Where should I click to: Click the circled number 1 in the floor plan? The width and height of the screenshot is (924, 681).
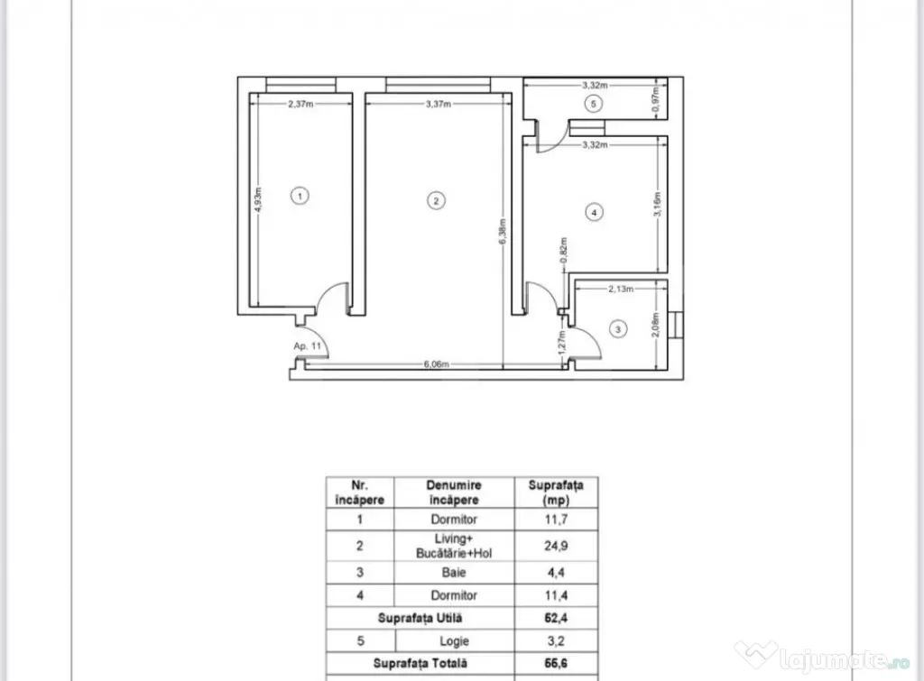(x=300, y=196)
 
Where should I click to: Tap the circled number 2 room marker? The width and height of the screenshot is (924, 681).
(x=436, y=201)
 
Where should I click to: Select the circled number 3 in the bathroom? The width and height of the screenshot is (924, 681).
(x=617, y=328)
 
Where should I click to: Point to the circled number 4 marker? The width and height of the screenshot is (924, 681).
(x=594, y=212)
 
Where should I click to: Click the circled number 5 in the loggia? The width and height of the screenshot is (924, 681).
(x=594, y=104)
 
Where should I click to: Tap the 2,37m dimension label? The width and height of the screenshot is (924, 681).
(x=300, y=104)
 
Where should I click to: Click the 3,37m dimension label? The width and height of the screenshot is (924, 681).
(x=439, y=104)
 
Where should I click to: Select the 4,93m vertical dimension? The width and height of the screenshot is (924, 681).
(x=258, y=199)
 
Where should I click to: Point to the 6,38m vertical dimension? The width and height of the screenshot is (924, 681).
(x=503, y=232)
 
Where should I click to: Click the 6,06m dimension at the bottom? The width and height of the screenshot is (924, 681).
(x=436, y=364)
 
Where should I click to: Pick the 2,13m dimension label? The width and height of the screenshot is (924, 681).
(x=621, y=289)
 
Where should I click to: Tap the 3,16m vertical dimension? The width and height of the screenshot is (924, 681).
(x=658, y=204)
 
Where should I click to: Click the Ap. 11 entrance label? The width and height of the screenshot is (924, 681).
(x=308, y=345)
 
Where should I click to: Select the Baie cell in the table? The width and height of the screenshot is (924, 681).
(x=454, y=572)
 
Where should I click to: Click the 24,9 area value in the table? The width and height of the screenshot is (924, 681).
(x=556, y=546)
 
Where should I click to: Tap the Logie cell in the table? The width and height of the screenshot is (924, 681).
(x=455, y=641)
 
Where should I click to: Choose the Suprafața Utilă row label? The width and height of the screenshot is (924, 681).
(x=420, y=618)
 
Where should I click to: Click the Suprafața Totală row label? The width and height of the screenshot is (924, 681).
(x=420, y=663)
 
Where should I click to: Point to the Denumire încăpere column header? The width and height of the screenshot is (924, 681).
(x=454, y=492)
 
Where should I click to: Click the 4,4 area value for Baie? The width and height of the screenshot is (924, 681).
(x=556, y=572)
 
